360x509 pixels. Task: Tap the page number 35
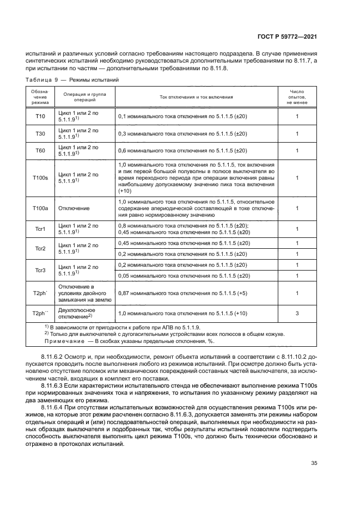(314, 463)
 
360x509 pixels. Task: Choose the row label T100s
(41, 178)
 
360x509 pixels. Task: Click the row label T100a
(41, 208)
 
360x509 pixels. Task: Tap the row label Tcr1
(41, 229)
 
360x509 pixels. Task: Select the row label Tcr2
(41, 249)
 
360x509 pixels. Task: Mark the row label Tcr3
(41, 270)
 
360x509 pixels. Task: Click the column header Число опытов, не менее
(297, 97)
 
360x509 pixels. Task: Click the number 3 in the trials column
(297, 314)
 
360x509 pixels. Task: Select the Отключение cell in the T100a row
(73, 208)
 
